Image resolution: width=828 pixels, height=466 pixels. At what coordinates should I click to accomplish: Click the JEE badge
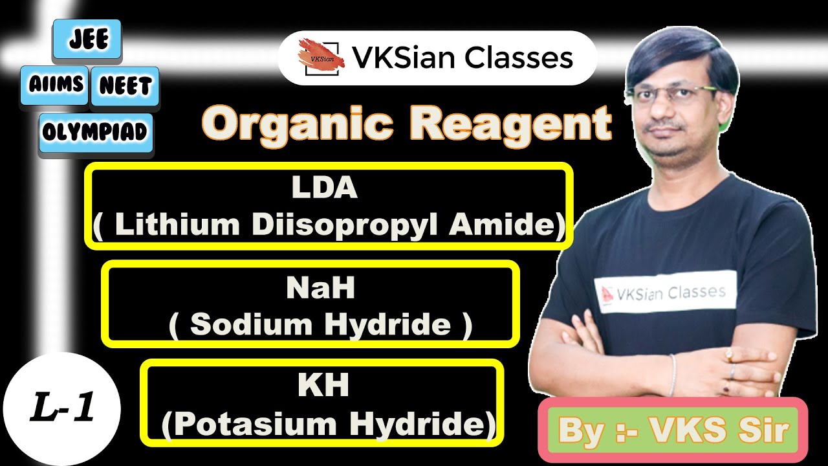[80, 38]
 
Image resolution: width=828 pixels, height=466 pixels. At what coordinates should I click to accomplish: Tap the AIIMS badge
[55, 84]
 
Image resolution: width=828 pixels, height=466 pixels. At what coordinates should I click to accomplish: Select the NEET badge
[125, 85]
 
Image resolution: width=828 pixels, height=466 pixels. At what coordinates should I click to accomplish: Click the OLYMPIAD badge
[96, 133]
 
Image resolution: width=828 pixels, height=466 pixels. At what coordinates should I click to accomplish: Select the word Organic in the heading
[300, 123]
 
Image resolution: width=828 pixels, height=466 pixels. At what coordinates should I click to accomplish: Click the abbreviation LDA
[324, 188]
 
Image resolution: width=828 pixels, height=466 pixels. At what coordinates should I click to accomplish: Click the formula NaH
[320, 289]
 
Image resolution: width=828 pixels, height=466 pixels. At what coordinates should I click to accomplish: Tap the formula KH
[323, 385]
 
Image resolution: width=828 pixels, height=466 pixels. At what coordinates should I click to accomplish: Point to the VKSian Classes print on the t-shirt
[666, 292]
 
